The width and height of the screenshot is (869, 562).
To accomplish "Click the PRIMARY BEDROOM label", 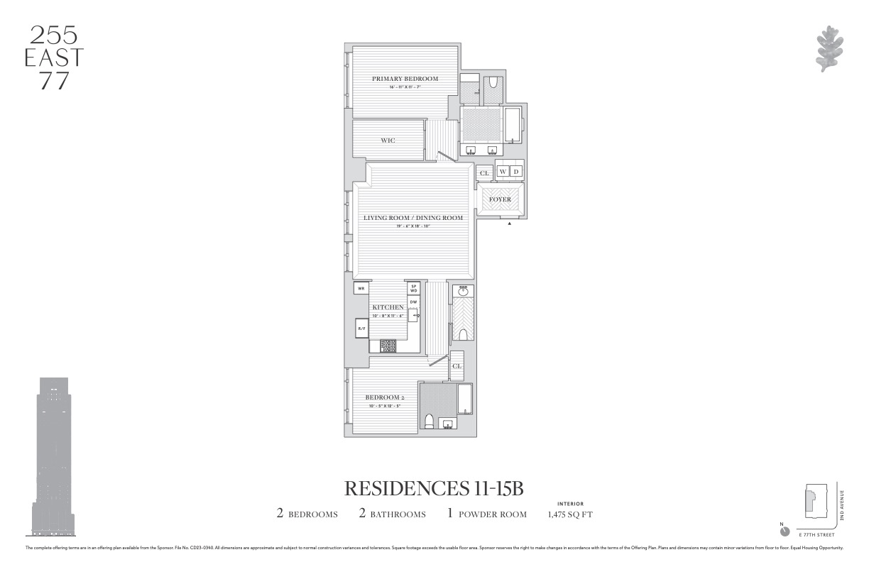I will tap(405, 79).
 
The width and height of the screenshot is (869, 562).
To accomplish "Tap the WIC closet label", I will tap(388, 140).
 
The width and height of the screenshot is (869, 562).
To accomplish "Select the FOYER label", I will tap(500, 199).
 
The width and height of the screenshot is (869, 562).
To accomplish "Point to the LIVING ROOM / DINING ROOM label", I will tap(413, 218).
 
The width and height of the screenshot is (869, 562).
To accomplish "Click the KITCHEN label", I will tap(388, 307).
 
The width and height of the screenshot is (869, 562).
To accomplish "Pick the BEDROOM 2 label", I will tap(385, 397).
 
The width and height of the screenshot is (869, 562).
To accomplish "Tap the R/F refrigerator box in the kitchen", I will tap(361, 329).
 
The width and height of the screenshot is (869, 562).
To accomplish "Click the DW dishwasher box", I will tap(413, 302).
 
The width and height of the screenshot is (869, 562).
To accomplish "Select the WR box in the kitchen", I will tap(361, 289).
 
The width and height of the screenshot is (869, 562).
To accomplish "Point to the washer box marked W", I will tap(503, 172).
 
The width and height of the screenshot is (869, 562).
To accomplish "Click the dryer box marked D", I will tap(516, 172).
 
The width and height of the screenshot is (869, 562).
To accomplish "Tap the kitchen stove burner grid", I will tap(388, 346).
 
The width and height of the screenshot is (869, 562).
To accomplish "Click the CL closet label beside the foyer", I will tap(484, 173).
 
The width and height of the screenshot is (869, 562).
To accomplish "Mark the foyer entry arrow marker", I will tap(510, 224).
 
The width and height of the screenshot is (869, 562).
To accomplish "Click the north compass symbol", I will tap(785, 531).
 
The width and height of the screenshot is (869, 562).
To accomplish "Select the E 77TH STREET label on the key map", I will tap(817, 534).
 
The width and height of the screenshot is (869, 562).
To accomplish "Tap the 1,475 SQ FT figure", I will tap(570, 514).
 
